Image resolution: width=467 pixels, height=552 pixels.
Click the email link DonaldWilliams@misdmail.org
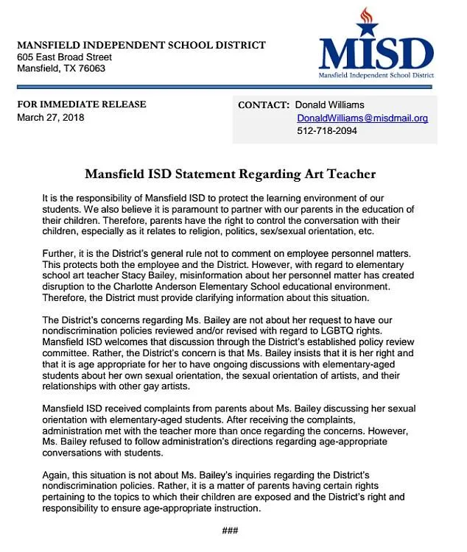point(362,118)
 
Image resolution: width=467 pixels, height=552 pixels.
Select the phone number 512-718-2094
point(326,131)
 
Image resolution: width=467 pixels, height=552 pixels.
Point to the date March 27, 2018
point(51,118)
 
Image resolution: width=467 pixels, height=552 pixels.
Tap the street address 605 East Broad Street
point(64,57)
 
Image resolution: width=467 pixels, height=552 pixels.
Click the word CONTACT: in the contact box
point(262,105)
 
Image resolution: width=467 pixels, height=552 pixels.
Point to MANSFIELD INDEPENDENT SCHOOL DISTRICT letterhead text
point(141,45)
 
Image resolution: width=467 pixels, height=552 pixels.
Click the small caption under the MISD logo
point(376,75)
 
